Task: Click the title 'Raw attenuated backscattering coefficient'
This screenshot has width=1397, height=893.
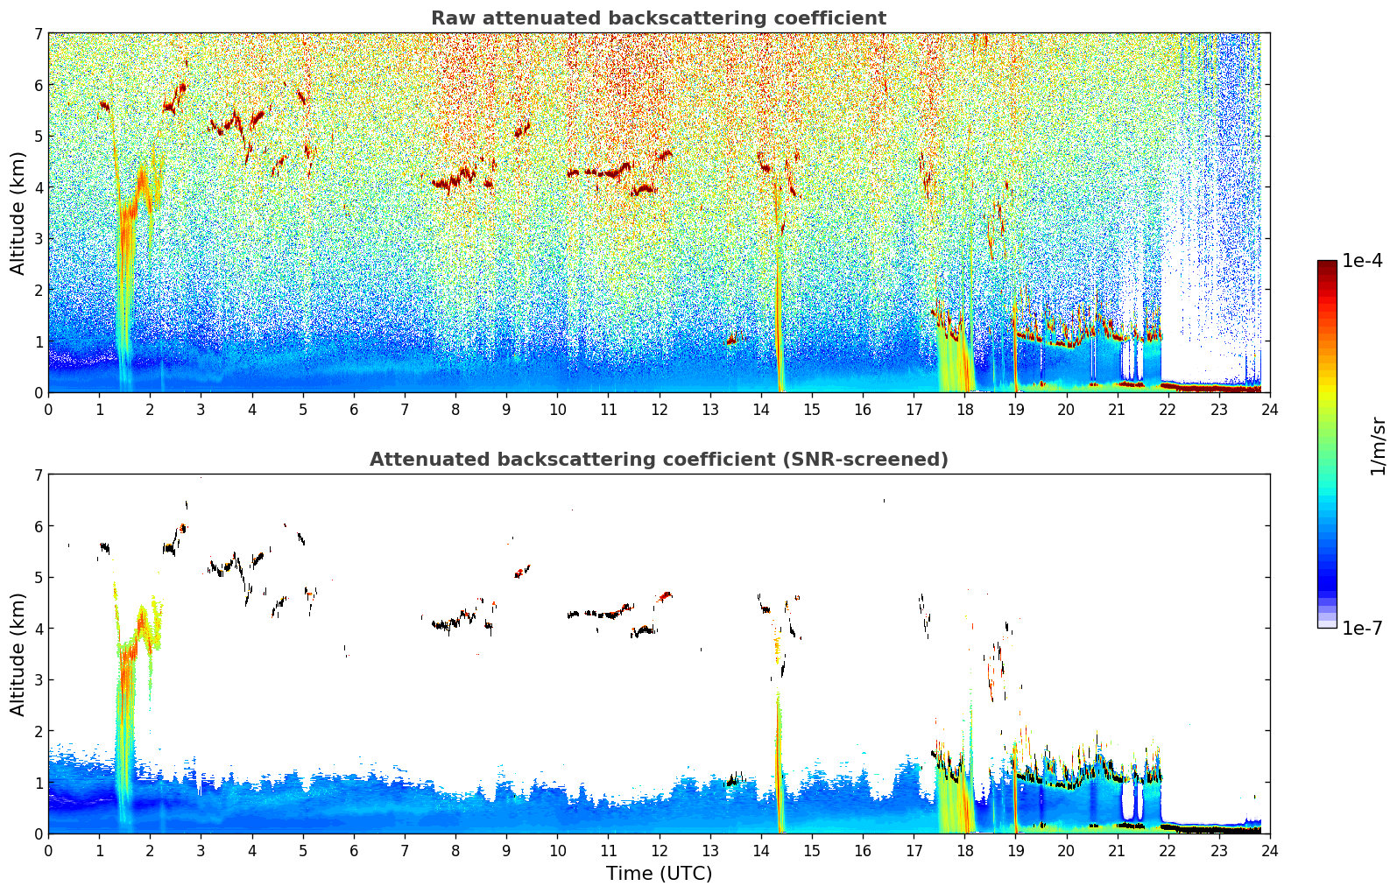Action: pyautogui.click(x=659, y=18)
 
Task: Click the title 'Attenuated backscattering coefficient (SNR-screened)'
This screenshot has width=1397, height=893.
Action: pyautogui.click(x=659, y=460)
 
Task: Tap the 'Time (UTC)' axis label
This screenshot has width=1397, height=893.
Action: pyautogui.click(x=659, y=874)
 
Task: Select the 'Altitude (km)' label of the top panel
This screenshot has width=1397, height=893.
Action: pyautogui.click(x=18, y=213)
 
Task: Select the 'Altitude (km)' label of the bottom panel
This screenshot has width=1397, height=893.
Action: pyautogui.click(x=18, y=654)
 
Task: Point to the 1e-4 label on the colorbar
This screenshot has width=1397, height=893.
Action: pyautogui.click(x=1363, y=261)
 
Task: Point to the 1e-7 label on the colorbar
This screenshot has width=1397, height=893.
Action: pyautogui.click(x=1363, y=628)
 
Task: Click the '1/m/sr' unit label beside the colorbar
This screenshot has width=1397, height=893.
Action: pyautogui.click(x=1378, y=446)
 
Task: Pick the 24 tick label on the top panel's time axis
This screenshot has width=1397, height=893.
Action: pyautogui.click(x=1269, y=410)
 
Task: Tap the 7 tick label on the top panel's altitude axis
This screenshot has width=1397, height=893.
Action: pyautogui.click(x=39, y=34)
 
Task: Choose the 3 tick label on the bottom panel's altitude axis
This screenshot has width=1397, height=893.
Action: pyautogui.click(x=39, y=680)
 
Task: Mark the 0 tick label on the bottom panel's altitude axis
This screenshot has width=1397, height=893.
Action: pyautogui.click(x=39, y=833)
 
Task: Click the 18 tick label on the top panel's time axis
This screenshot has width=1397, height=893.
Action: pyautogui.click(x=964, y=410)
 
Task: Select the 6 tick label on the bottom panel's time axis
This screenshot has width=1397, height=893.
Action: pyautogui.click(x=354, y=851)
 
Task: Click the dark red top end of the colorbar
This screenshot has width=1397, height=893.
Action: pyautogui.click(x=1327, y=264)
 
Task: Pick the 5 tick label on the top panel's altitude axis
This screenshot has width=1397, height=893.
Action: pyautogui.click(x=39, y=137)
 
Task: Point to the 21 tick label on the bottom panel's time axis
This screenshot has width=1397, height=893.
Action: pyautogui.click(x=1117, y=851)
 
